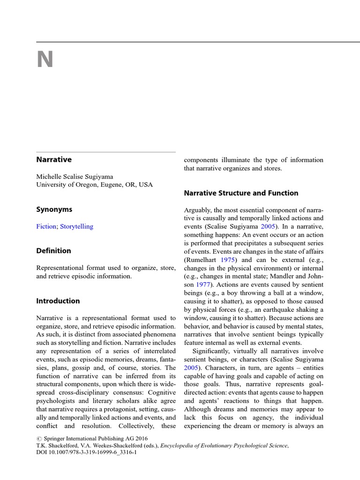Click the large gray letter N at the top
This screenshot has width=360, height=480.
tap(45, 60)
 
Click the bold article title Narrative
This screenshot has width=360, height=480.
tap(54, 159)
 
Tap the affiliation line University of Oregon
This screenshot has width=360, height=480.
tap(94, 184)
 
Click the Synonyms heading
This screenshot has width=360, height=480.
tap(54, 210)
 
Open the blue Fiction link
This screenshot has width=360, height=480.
tap(47, 226)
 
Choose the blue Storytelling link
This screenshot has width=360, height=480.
tap(77, 226)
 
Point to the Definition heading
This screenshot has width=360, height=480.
tap(54, 251)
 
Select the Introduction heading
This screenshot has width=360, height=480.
tap(58, 301)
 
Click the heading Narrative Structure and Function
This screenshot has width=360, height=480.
tap(241, 193)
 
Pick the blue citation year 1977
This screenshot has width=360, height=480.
tap(204, 277)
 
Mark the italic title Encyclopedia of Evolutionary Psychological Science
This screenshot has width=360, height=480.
tap(224, 446)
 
